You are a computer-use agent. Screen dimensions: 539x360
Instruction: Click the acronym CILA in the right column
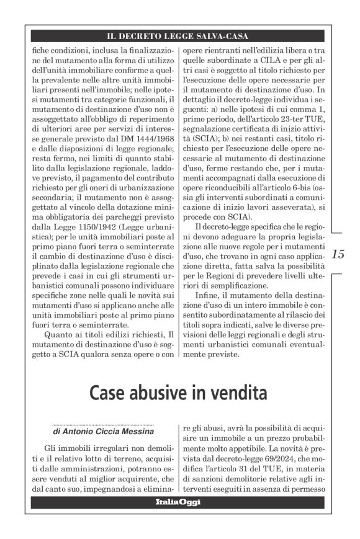tap(253, 59)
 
